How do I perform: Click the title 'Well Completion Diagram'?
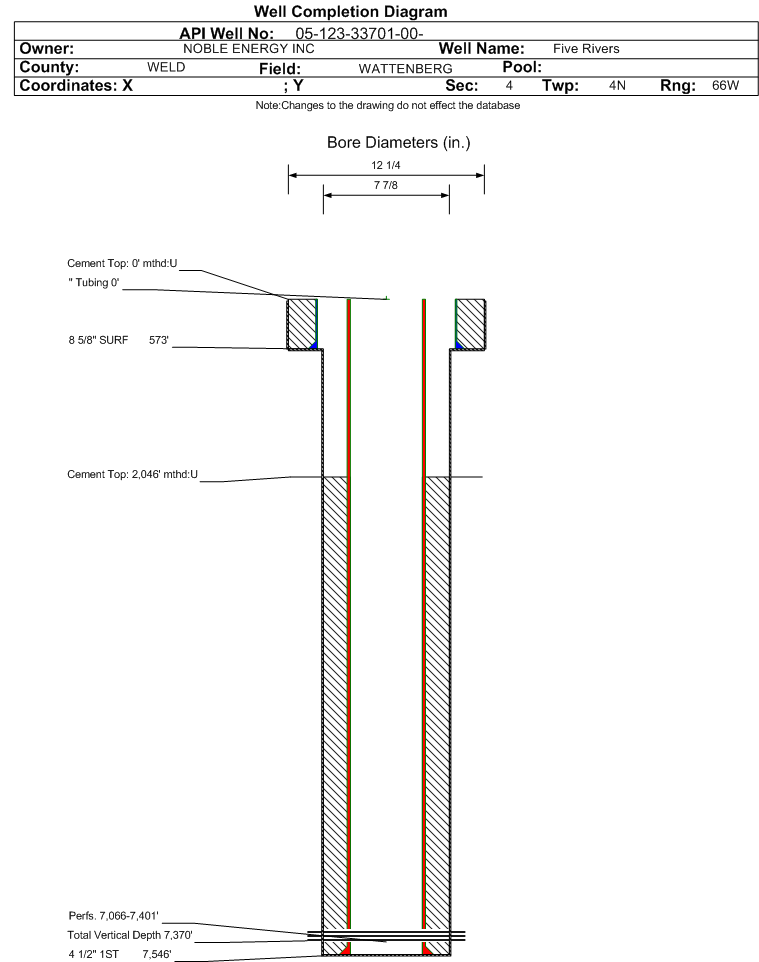point(351,12)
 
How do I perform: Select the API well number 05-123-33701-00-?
point(360,34)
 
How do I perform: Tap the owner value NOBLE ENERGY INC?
point(249,49)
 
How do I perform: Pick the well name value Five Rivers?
point(586,49)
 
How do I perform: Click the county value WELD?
point(166,67)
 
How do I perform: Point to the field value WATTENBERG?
point(406,69)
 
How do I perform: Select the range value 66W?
point(725,85)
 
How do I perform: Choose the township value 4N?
point(617,85)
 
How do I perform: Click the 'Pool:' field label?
point(522,67)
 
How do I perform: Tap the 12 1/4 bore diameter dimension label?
point(386,165)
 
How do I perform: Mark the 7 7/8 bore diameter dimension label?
point(386,185)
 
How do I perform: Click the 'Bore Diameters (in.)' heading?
point(399,142)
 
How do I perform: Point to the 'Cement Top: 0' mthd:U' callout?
point(122,263)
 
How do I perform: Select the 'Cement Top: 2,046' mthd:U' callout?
point(133,474)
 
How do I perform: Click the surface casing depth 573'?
point(158,340)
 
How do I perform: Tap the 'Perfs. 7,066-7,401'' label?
point(114,916)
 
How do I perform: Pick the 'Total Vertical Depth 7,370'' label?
point(130,935)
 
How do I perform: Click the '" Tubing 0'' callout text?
point(94,282)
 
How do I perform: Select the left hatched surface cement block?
point(302,324)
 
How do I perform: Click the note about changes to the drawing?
point(388,106)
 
